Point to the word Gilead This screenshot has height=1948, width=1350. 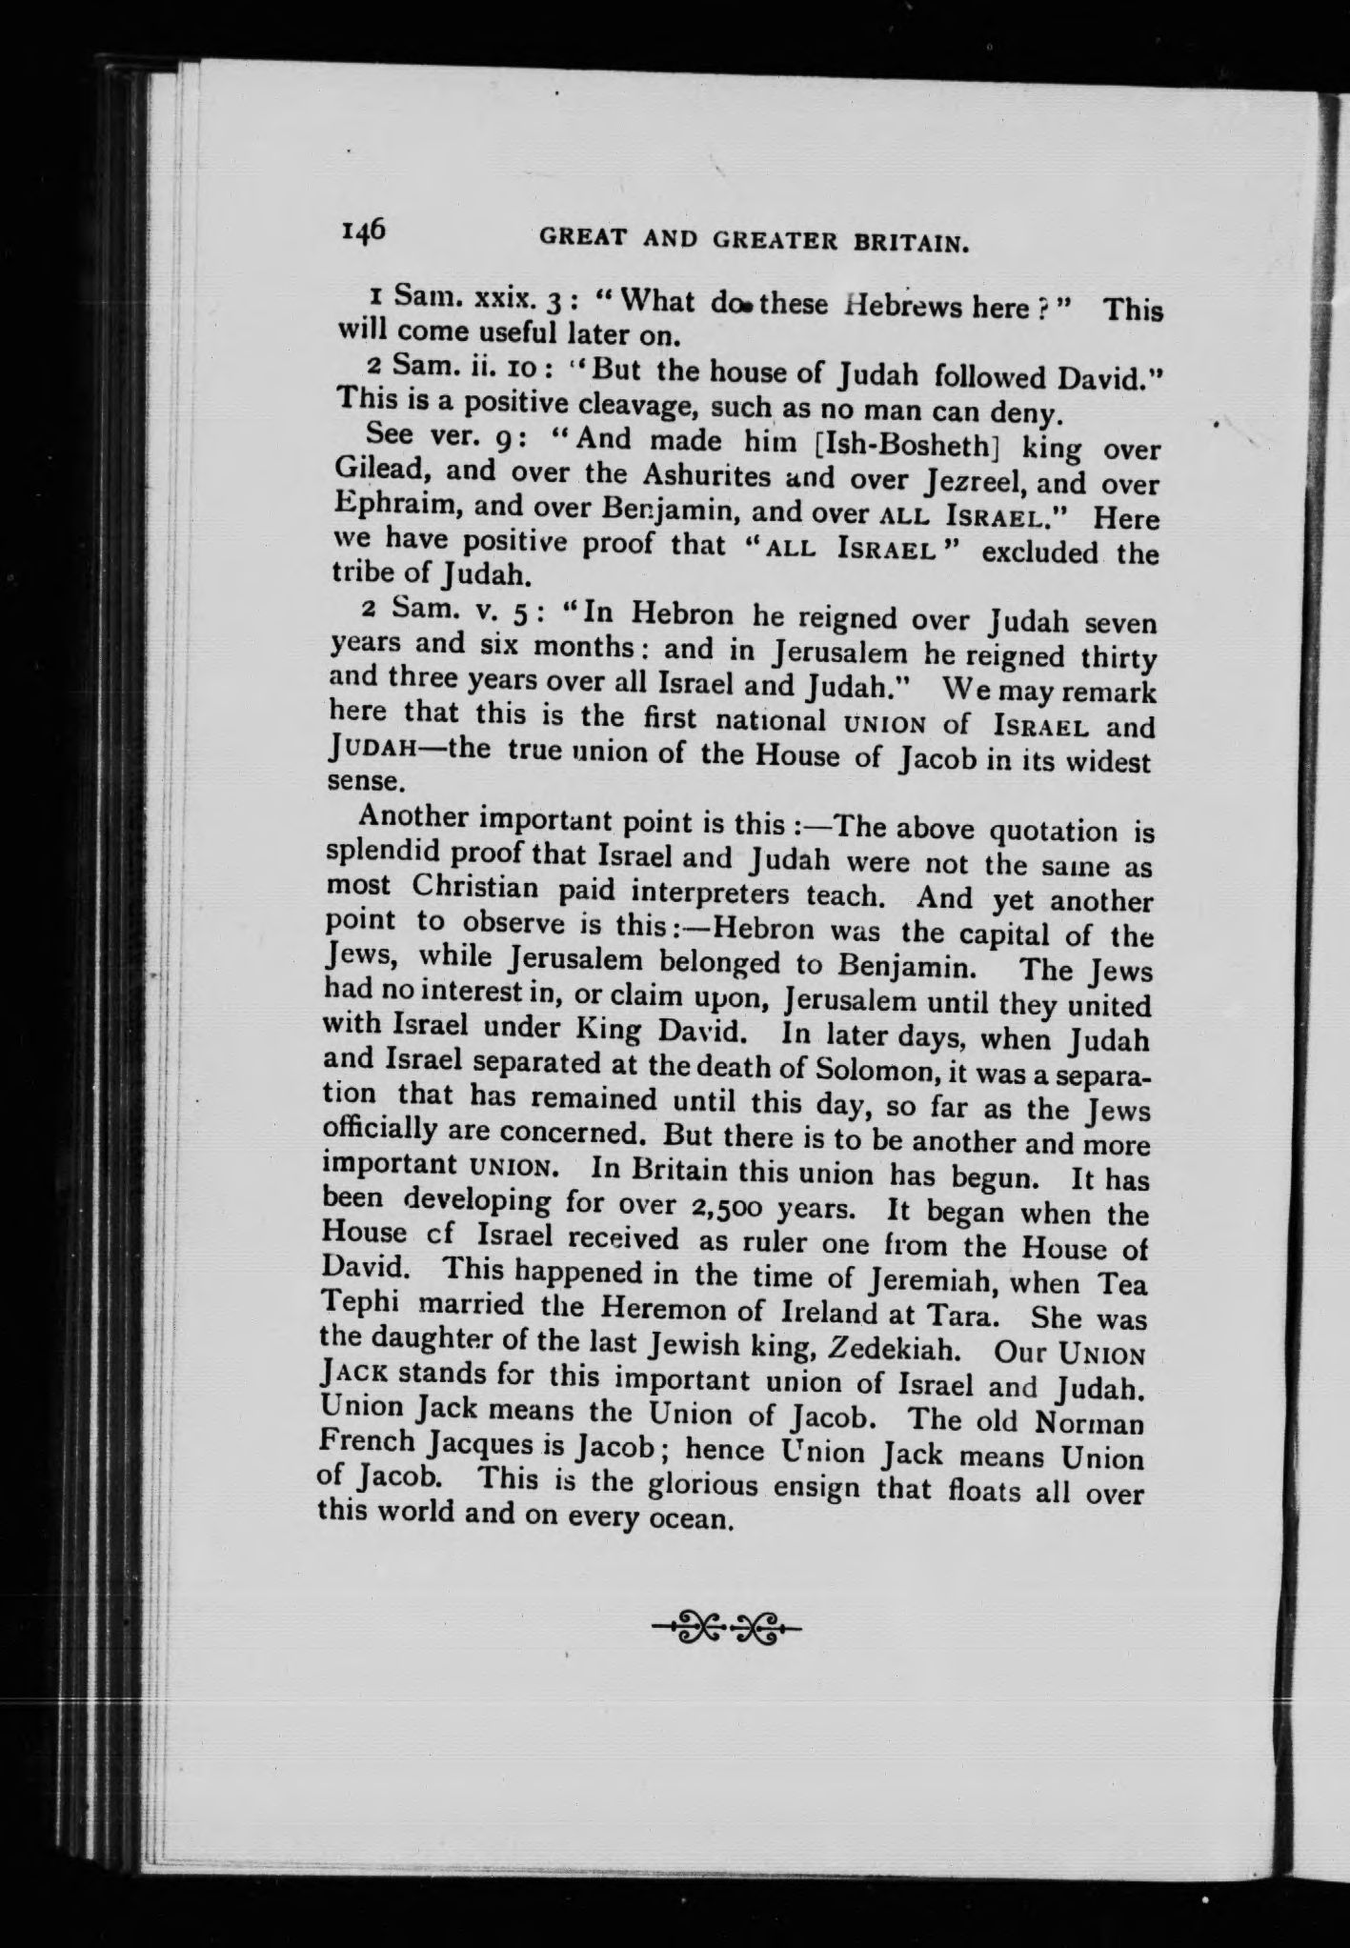click(x=381, y=472)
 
